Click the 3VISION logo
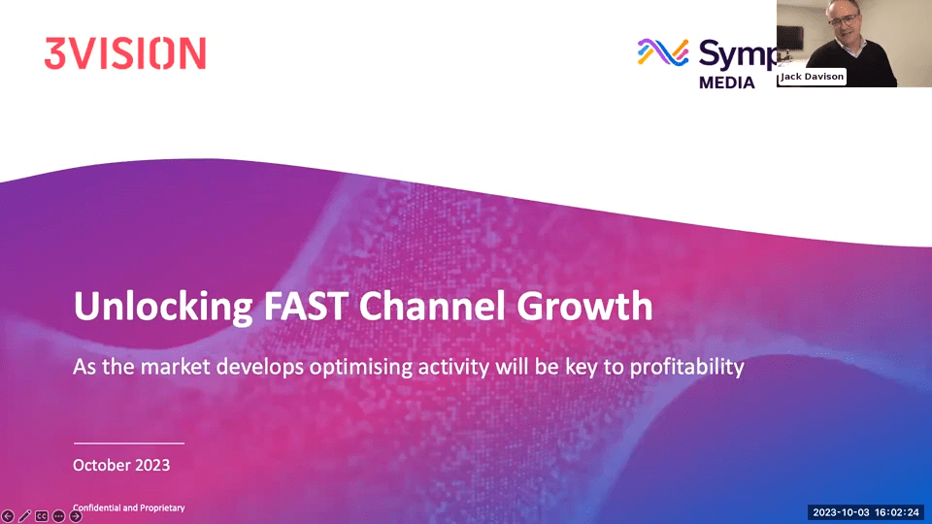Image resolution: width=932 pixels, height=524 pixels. click(125, 52)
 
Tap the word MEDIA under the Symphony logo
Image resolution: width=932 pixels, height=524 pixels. click(727, 82)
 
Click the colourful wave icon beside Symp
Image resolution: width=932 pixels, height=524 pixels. click(663, 52)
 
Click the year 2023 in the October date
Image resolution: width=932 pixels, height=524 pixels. click(150, 465)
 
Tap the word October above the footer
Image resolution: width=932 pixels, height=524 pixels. click(101, 465)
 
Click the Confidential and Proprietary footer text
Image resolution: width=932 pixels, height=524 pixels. click(129, 508)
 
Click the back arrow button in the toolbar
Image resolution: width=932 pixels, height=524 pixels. click(9, 516)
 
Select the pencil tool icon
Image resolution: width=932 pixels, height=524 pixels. click(25, 516)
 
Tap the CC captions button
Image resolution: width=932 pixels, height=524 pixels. click(42, 516)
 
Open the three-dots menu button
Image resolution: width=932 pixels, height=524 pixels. click(58, 516)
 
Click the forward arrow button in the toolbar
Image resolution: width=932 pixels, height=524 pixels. click(76, 516)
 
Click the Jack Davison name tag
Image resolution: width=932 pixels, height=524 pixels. click(813, 77)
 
